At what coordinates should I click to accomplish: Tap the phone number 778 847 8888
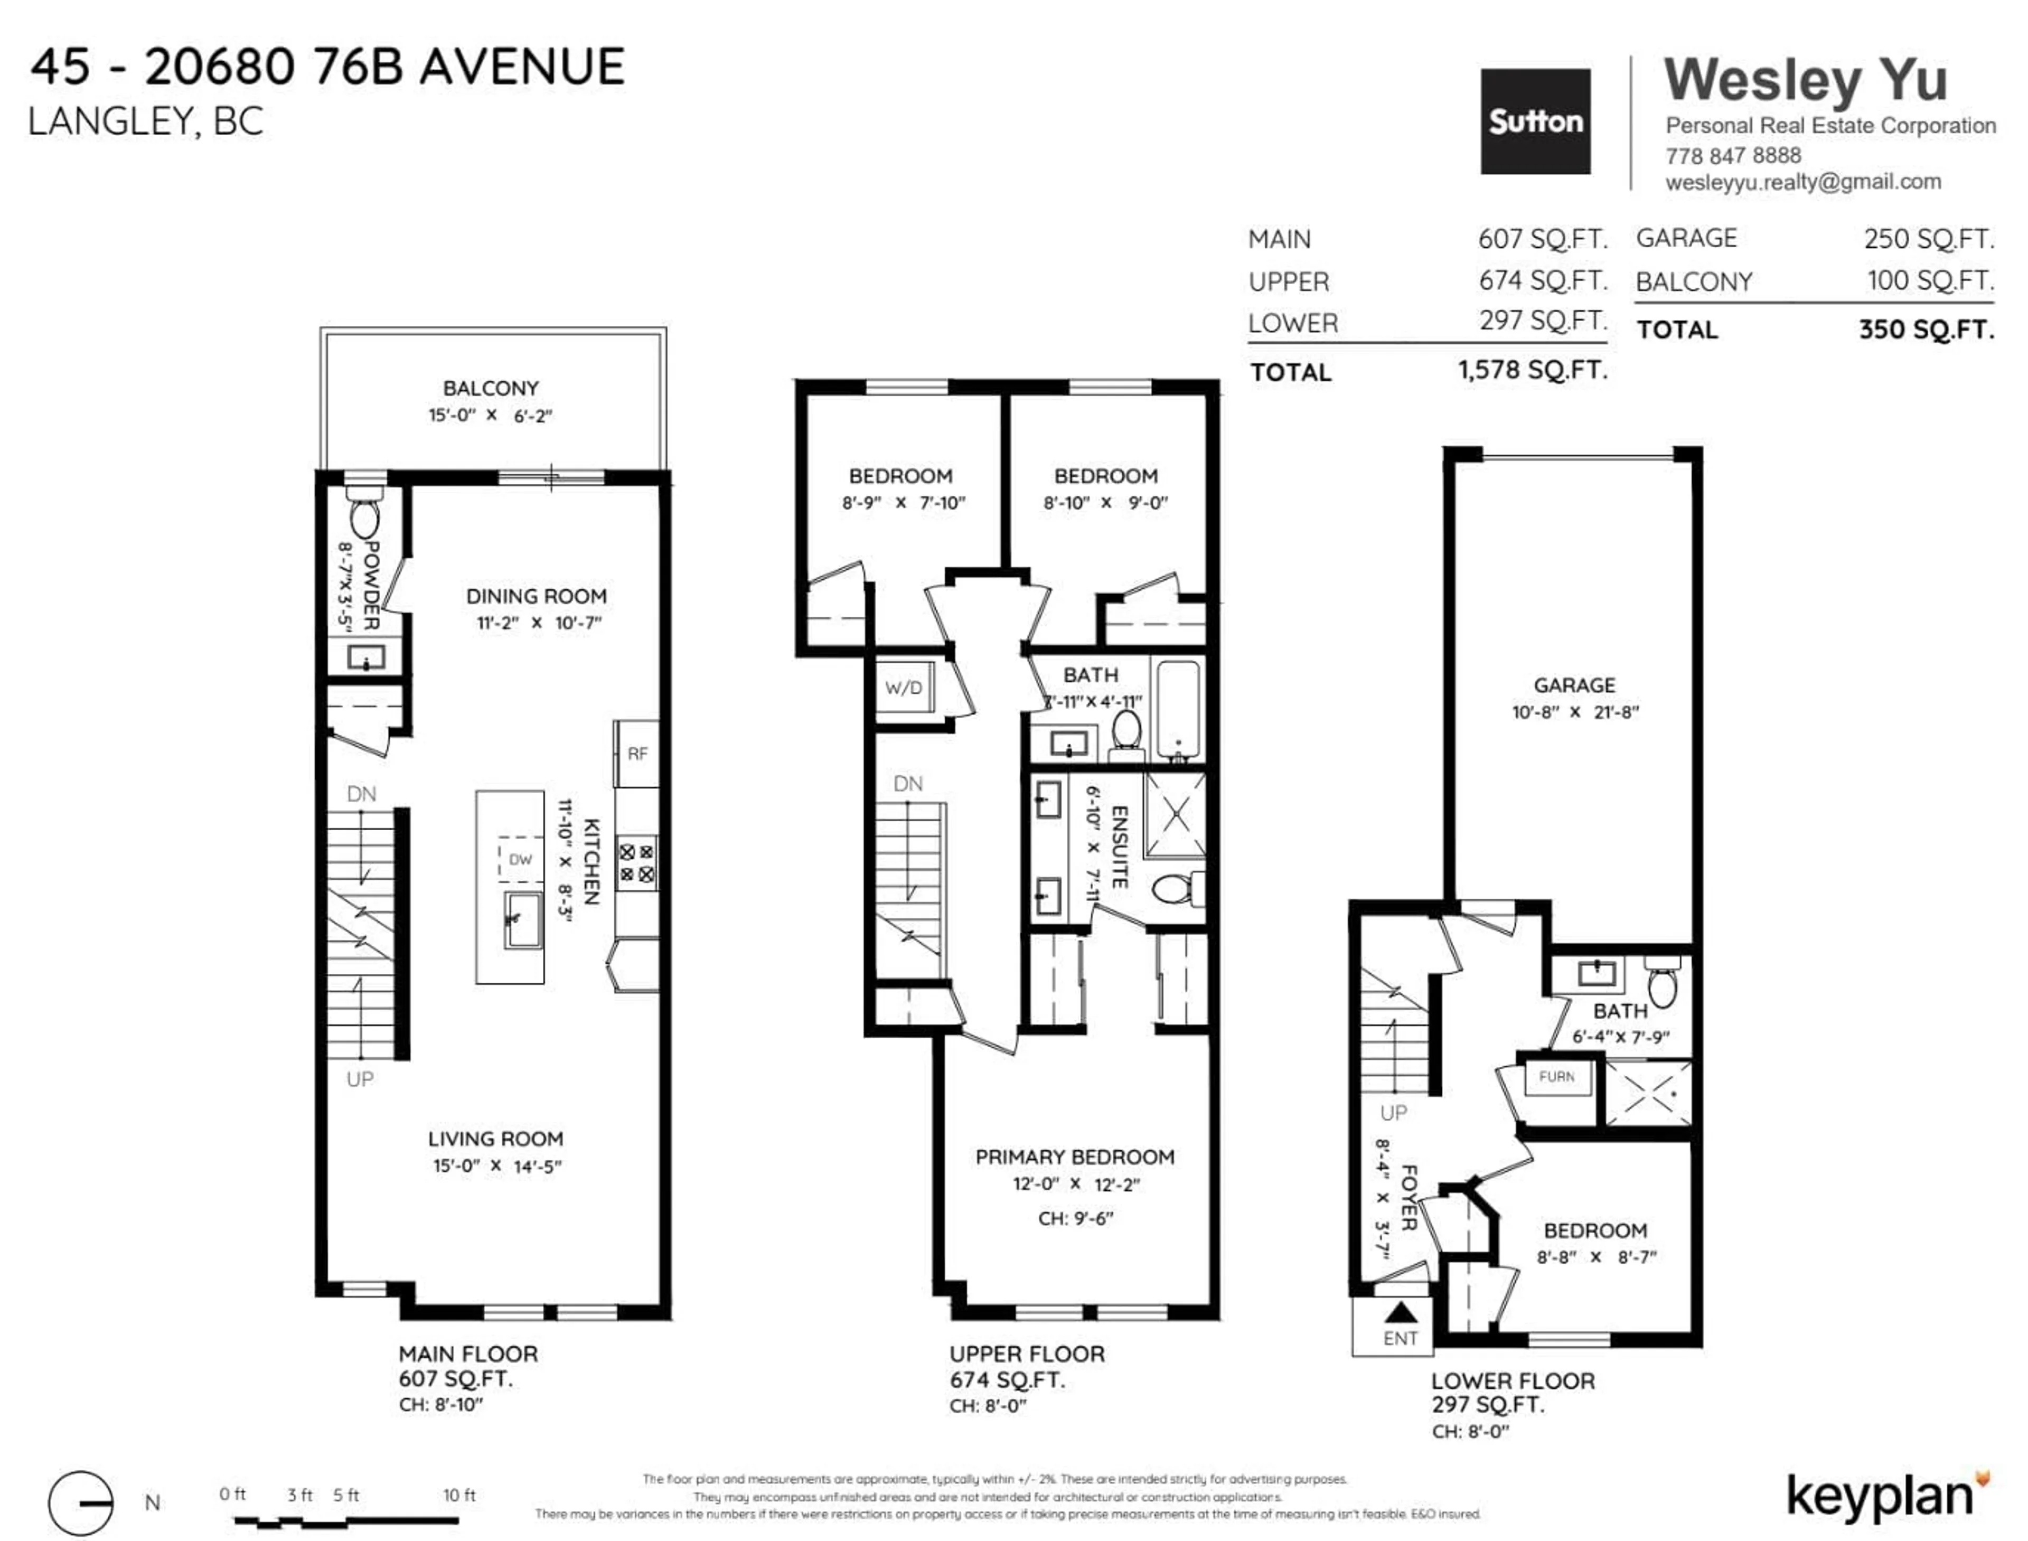click(1733, 155)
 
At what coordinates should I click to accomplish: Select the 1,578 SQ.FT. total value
click(1533, 371)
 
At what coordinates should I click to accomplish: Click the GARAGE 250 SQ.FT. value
click(1928, 239)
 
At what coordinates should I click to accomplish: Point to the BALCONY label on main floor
click(491, 388)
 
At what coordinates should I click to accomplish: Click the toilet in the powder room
click(364, 514)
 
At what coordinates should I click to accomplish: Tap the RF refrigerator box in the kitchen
click(636, 753)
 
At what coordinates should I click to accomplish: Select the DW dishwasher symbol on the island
click(520, 859)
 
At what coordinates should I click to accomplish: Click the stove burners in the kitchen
click(636, 862)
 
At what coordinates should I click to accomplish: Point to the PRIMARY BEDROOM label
click(1074, 1157)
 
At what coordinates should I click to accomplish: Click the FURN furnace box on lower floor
click(1556, 1077)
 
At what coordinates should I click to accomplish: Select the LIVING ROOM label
click(495, 1138)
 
